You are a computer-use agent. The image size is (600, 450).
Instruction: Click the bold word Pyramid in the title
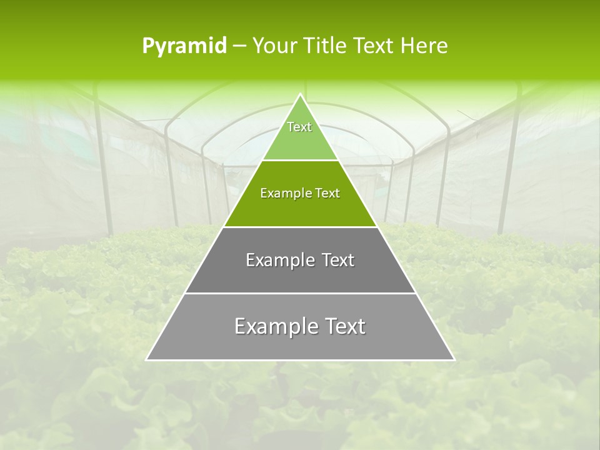click(x=184, y=46)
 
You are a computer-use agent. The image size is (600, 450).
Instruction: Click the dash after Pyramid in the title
click(x=239, y=46)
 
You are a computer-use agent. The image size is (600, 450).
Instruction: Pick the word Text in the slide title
click(x=374, y=46)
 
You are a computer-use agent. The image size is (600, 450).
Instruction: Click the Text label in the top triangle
click(x=299, y=127)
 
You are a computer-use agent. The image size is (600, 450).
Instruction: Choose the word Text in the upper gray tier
click(x=338, y=260)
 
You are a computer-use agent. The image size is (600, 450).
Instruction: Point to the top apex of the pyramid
click(x=301, y=94)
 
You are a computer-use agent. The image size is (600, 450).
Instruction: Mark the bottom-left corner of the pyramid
click(x=147, y=359)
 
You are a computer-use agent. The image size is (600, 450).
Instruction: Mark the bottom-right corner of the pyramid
click(x=454, y=359)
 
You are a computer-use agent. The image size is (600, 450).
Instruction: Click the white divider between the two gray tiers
click(x=300, y=293)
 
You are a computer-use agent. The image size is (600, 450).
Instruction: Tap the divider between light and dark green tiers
click(x=300, y=160)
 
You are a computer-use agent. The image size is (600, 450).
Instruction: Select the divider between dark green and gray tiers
click(x=300, y=227)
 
